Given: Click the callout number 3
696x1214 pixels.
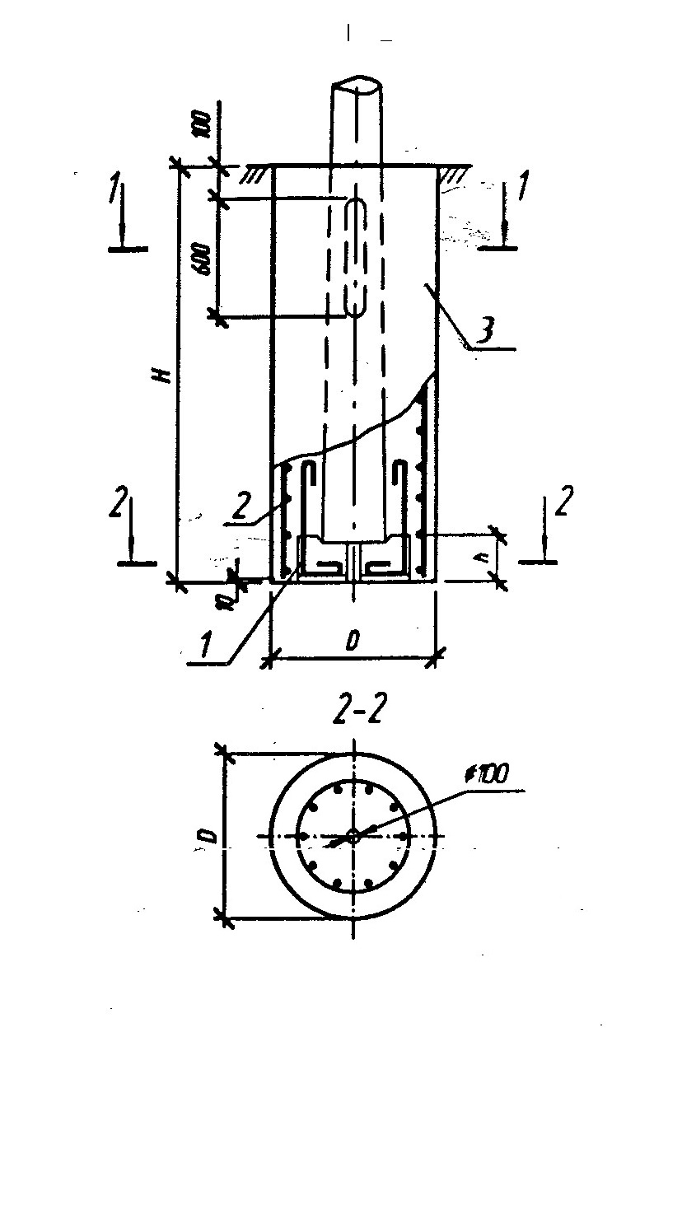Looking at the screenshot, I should click(x=488, y=331).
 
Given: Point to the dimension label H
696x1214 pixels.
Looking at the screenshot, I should click(x=164, y=376).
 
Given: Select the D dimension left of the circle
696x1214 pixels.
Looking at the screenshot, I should click(x=209, y=836).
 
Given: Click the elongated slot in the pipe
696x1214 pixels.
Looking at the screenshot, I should click(x=355, y=256).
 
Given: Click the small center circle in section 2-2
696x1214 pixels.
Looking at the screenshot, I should click(x=352, y=836).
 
